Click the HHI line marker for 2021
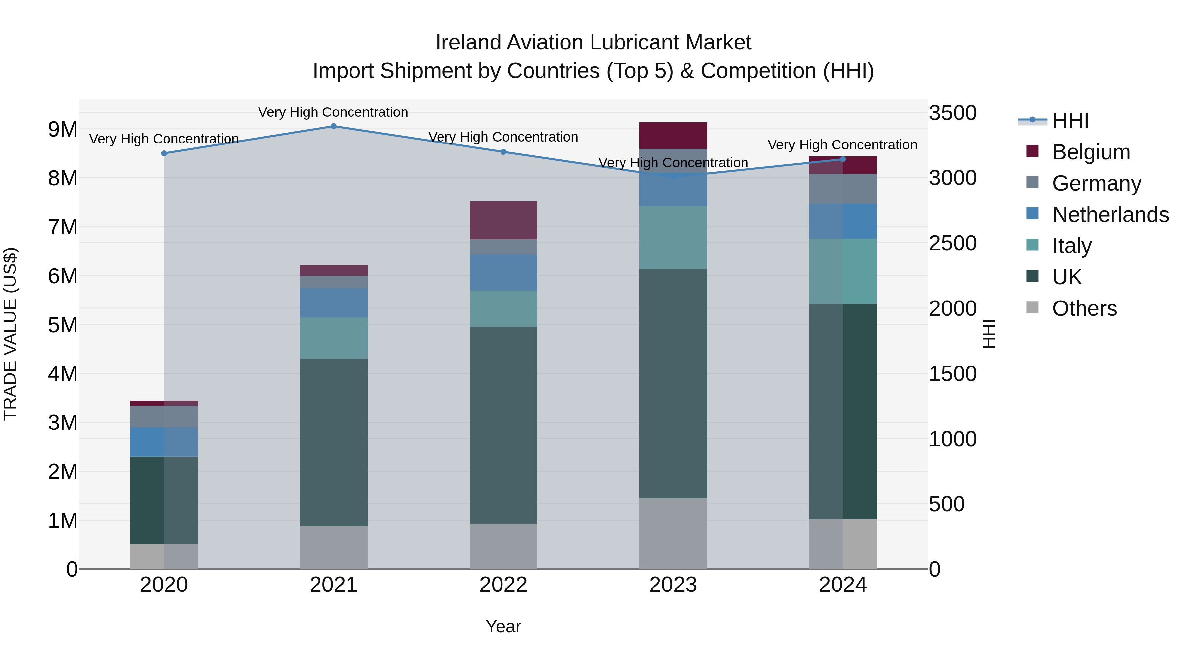(x=334, y=126)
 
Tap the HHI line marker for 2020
(x=164, y=153)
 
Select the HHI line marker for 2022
(x=503, y=152)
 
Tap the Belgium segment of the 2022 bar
(x=503, y=220)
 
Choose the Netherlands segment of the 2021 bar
(x=334, y=302)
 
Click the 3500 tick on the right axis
(x=952, y=113)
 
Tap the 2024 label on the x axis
(x=842, y=585)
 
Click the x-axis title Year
(x=503, y=626)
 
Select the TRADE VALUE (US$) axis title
(x=10, y=334)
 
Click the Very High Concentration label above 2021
(x=333, y=112)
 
